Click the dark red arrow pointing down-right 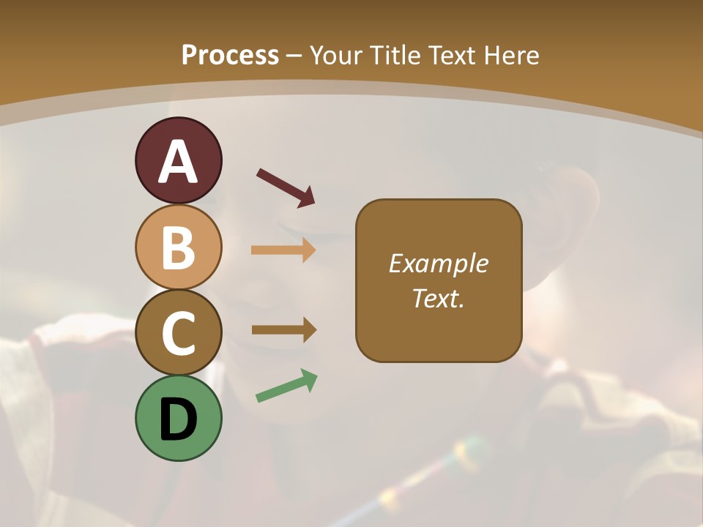286,187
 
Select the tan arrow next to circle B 283,250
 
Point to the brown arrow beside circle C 284,330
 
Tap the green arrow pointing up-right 286,386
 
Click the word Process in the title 230,56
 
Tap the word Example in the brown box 438,263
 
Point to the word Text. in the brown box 438,298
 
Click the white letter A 178,162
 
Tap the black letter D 178,420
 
